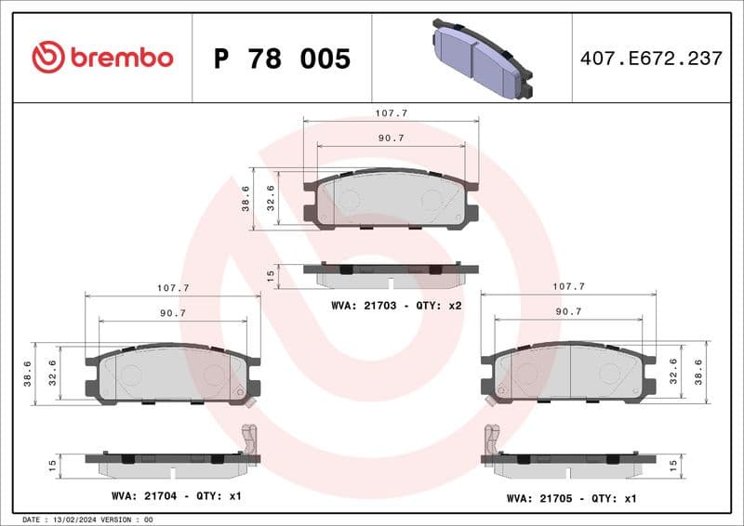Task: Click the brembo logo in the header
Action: point(102,58)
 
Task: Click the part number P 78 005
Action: point(282,59)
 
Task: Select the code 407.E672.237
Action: point(650,58)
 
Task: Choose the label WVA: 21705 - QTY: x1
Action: point(571,497)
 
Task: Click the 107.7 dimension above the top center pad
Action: point(392,112)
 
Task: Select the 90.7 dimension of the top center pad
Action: point(391,138)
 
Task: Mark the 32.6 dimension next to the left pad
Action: point(52,373)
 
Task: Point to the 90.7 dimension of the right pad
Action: point(569,312)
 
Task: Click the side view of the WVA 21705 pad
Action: point(568,462)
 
